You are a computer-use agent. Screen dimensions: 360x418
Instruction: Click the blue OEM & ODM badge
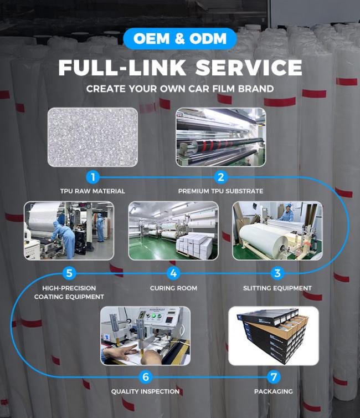[x=180, y=39]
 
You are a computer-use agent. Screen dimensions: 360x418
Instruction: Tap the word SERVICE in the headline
[x=249, y=68]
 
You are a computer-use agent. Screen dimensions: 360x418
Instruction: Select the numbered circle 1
[x=93, y=177]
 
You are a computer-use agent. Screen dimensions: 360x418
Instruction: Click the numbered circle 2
[x=221, y=177]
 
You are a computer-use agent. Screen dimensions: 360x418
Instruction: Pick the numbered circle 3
[x=277, y=273]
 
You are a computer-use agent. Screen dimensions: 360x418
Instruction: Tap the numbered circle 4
[x=173, y=273]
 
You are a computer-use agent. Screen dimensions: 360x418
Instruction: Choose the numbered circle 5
[x=69, y=273]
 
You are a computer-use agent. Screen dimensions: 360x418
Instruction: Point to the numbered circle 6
[x=145, y=377]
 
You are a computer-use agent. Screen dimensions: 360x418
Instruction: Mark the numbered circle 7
[x=274, y=377]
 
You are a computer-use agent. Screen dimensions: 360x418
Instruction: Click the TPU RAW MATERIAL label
[x=92, y=191]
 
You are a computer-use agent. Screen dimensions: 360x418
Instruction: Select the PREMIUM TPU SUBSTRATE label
[x=221, y=191]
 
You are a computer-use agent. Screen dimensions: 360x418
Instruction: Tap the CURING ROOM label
[x=173, y=288]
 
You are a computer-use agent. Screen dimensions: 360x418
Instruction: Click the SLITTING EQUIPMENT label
[x=277, y=288]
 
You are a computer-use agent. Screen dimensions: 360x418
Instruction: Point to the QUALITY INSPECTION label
[x=145, y=391]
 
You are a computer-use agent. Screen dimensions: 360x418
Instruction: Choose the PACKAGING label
[x=274, y=391]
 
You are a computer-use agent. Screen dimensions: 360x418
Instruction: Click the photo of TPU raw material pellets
[x=92, y=137]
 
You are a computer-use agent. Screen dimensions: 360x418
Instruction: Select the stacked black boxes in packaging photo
[x=272, y=335]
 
